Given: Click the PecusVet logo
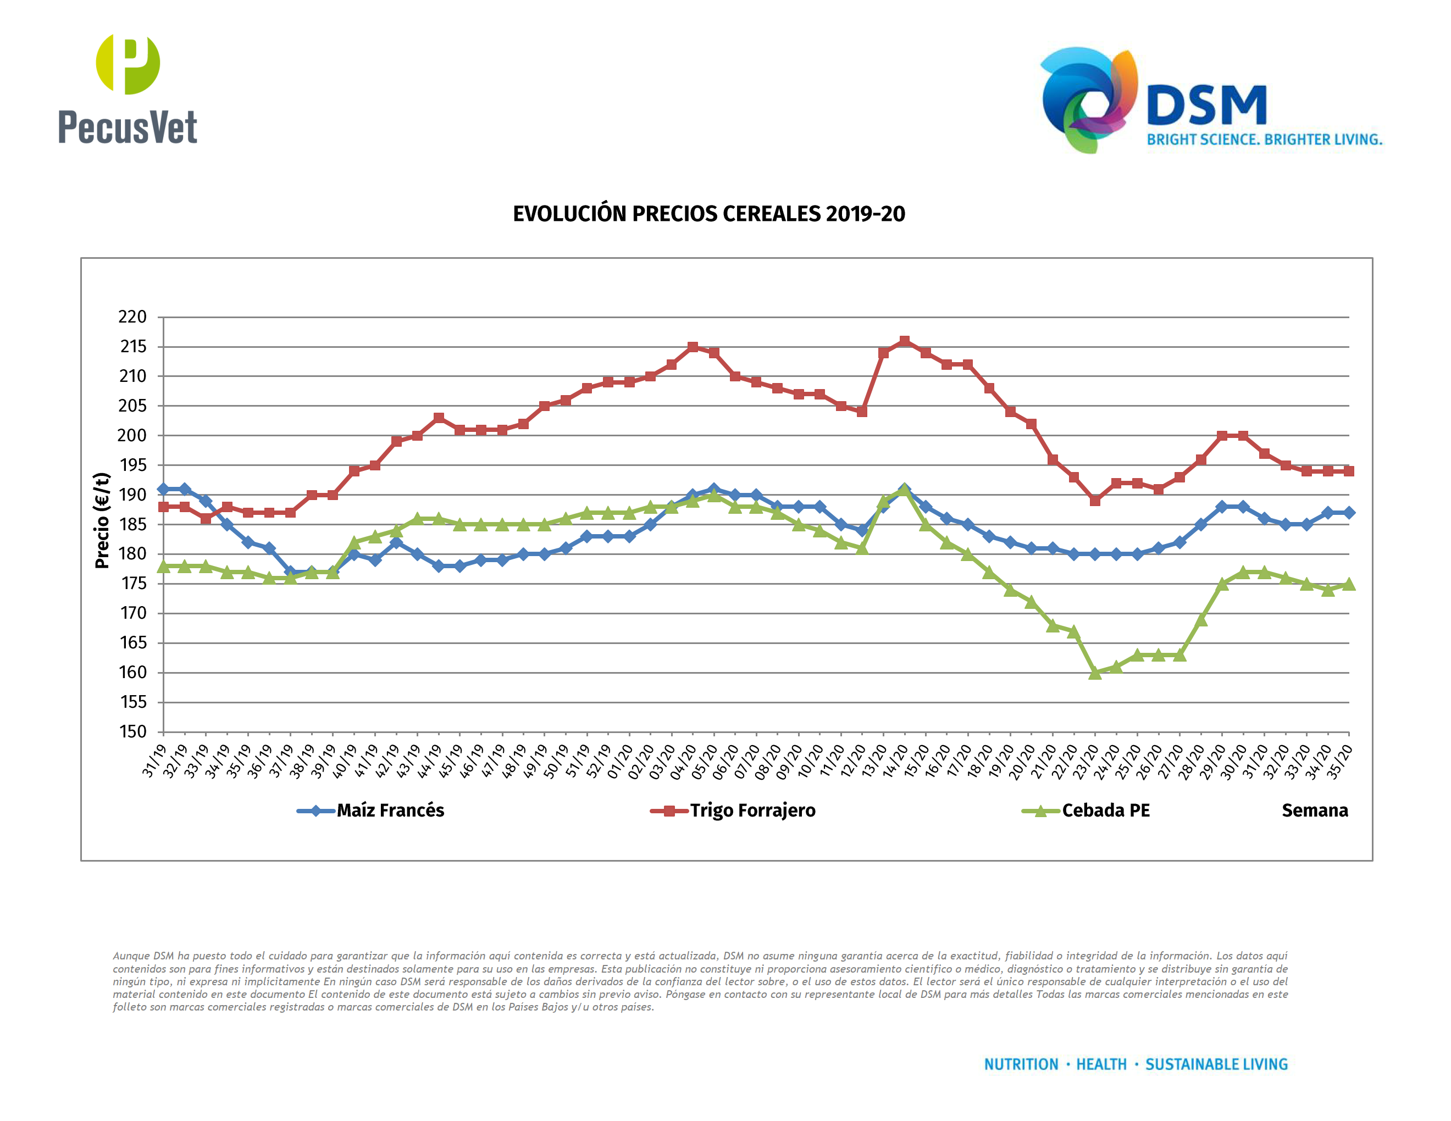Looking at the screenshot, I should tap(128, 89).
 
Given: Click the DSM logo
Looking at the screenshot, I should tap(1210, 101).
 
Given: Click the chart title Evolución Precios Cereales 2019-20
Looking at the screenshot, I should tap(708, 214).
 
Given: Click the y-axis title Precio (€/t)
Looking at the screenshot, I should tap(102, 520).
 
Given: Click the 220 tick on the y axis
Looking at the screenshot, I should tap(132, 317).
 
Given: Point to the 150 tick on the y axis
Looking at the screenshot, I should tap(132, 731).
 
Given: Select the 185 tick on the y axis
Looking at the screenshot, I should tap(132, 524).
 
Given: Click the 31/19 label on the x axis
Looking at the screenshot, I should tap(154, 761).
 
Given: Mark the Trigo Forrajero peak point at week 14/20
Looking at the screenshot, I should tap(904, 341).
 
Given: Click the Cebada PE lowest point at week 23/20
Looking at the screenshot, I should tap(1095, 673).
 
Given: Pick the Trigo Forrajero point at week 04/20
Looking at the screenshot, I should tap(693, 347).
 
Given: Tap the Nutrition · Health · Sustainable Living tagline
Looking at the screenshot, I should tap(1136, 1064).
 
